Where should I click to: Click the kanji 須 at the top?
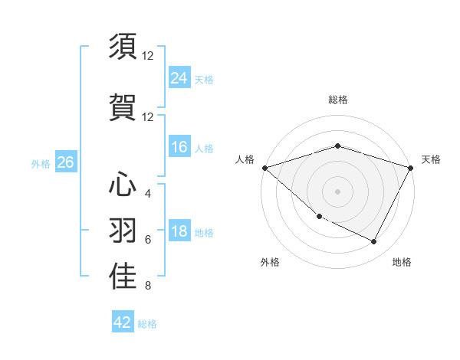pos(123,47)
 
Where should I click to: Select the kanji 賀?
pos(123,107)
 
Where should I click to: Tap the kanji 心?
pos(123,184)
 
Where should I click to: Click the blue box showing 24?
pos(179,77)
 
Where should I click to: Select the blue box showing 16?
pos(179,148)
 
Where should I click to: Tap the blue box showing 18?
pos(179,232)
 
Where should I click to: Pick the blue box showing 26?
pos(66,162)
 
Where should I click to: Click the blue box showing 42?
pos(123,322)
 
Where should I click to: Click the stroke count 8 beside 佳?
pos(148,286)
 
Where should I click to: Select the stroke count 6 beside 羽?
pos(148,240)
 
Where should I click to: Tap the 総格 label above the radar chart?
pos(338,100)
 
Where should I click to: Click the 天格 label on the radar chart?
pos(432,159)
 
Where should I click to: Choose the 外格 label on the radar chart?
pos(270,262)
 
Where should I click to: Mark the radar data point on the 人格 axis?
pos(264,168)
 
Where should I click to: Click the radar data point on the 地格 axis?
pos(374,242)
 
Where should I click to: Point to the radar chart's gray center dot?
pos(338,191)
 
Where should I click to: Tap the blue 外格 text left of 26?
pos(41,163)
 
